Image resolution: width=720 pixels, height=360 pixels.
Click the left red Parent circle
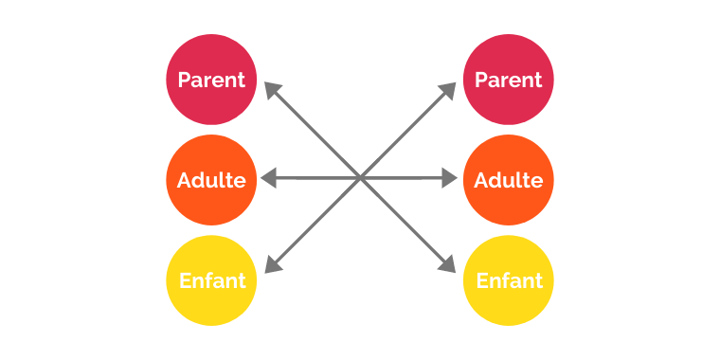click(211, 80)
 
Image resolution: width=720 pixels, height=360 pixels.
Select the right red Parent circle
click(509, 80)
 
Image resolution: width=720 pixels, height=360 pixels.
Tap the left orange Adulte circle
click(211, 180)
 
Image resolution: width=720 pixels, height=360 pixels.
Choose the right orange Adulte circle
click(509, 180)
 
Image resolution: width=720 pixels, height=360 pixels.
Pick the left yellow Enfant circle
click(211, 280)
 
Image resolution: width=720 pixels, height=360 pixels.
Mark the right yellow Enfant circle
click(509, 280)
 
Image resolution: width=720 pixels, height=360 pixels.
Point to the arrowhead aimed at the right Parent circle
click(450, 89)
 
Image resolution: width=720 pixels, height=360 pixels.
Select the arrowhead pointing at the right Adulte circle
click(452, 178)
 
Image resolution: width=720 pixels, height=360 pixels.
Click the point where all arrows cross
click(360, 177)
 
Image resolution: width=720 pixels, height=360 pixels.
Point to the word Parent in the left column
click(211, 80)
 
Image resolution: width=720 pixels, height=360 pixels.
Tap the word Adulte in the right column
click(509, 180)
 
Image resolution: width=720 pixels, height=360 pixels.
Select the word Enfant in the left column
click(211, 280)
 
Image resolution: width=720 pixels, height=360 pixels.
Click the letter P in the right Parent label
click(480, 80)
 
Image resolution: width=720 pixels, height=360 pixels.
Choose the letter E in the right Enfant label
click(481, 280)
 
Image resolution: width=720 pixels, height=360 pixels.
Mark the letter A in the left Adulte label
click(185, 180)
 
